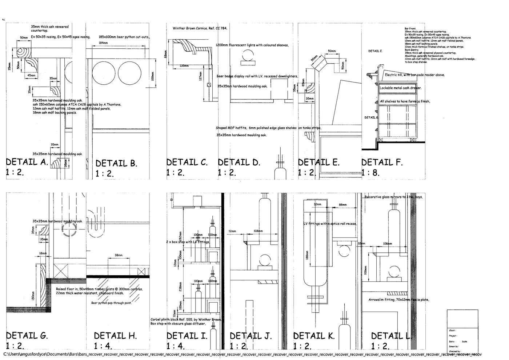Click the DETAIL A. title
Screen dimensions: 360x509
27,162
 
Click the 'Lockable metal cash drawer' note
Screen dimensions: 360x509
400,88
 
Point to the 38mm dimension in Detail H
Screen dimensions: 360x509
119,256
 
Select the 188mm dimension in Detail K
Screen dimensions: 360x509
307,257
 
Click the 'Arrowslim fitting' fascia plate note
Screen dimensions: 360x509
399,300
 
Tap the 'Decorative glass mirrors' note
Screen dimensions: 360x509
394,197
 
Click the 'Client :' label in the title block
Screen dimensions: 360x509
453,331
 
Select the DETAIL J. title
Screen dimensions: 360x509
251,335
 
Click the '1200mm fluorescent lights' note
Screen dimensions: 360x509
252,45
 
